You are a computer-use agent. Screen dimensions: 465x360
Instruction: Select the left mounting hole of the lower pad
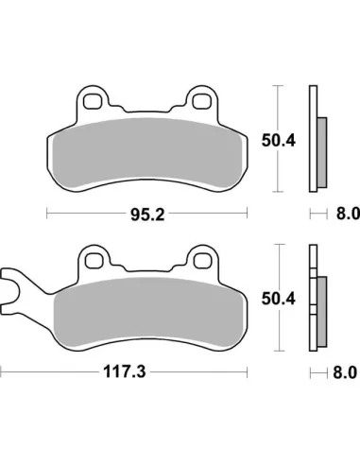(x=93, y=256)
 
